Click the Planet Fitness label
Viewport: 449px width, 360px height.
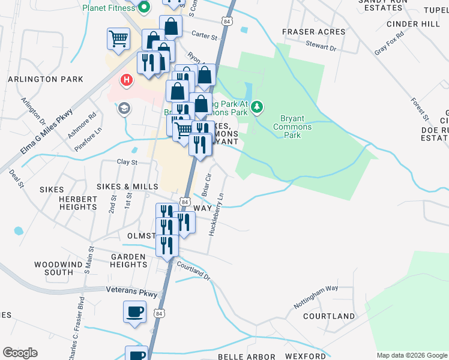coord(110,8)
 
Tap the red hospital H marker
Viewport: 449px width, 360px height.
coord(126,80)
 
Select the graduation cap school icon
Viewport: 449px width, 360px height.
coord(124,109)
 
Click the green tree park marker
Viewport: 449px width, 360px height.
coord(258,106)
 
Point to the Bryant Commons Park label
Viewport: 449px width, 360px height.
coord(292,127)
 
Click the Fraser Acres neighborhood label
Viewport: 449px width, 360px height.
coord(314,32)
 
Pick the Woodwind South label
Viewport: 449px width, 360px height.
coord(53,268)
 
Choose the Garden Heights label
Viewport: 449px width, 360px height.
coord(128,260)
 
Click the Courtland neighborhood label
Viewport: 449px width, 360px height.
coord(329,316)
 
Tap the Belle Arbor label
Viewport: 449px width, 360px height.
coord(246,356)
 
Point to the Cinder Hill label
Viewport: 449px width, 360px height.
coord(413,24)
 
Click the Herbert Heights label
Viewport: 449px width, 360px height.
coord(78,203)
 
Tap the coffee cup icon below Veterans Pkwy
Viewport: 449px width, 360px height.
coord(134,312)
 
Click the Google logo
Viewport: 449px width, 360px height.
coord(20,353)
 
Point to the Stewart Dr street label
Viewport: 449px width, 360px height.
coord(321,46)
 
